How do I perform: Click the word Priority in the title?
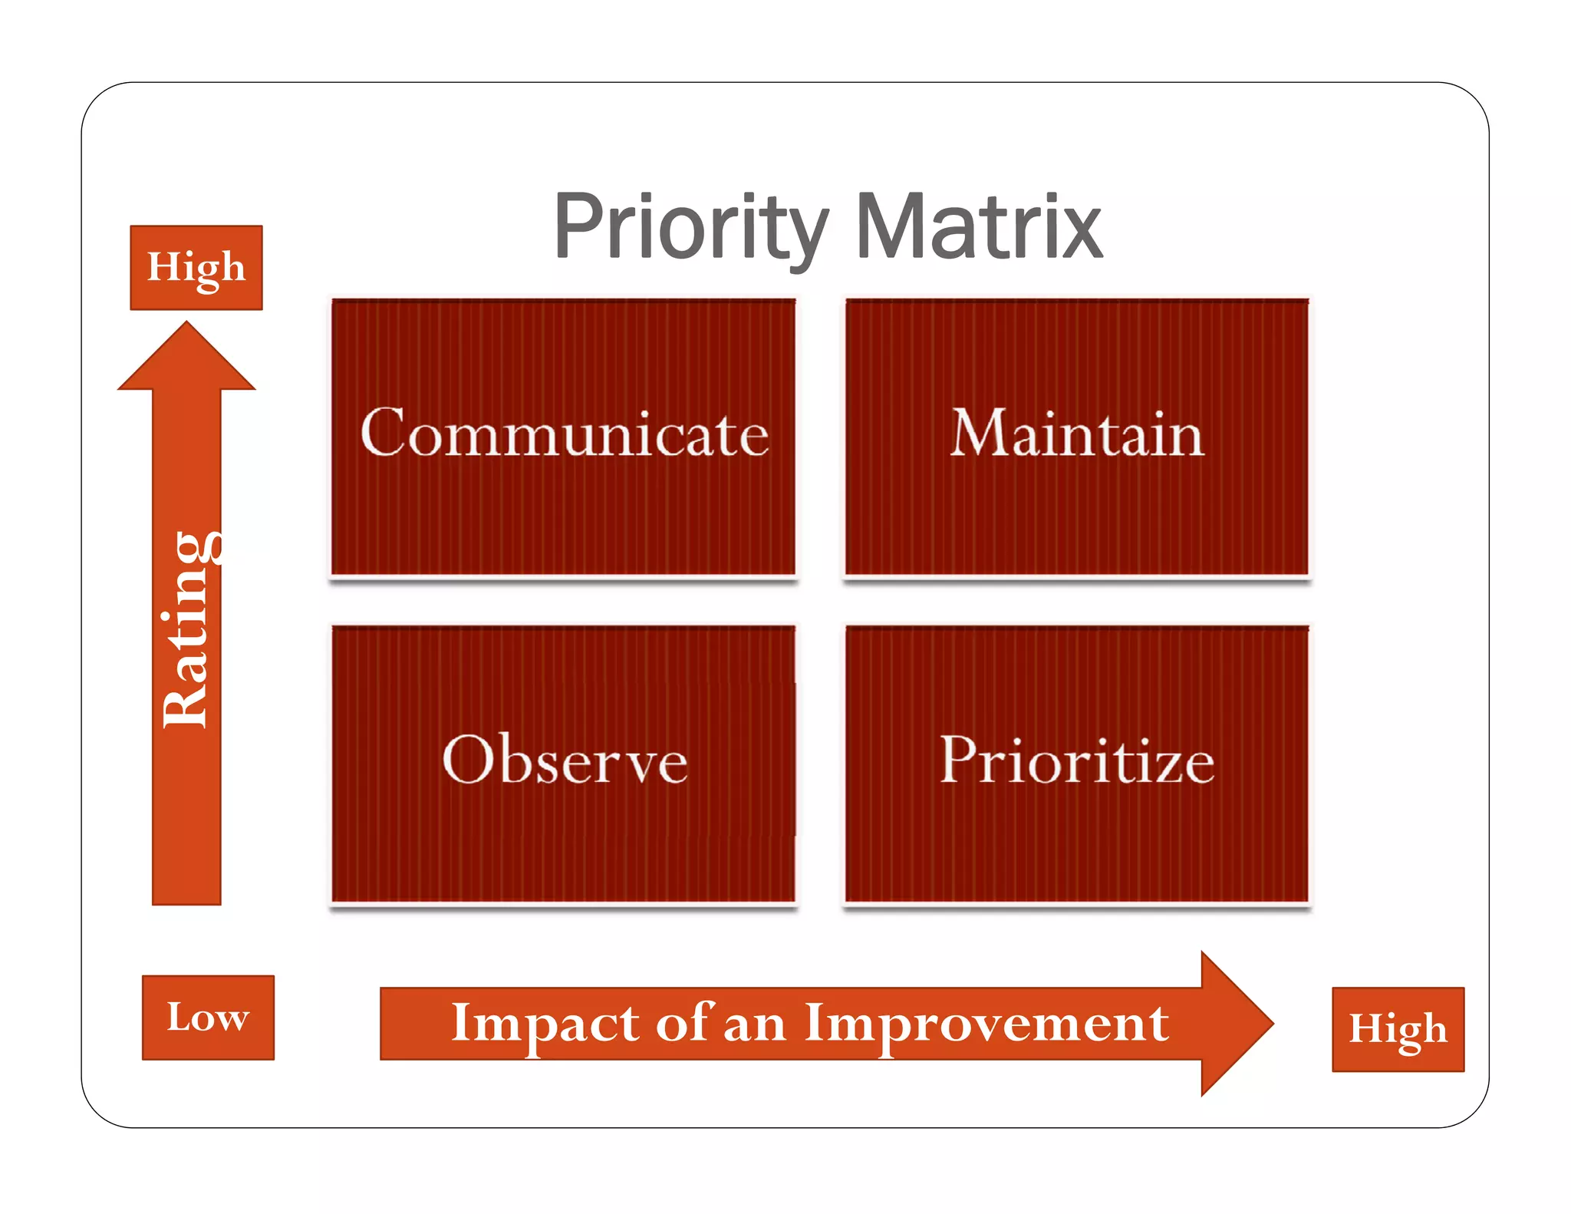pos(690,228)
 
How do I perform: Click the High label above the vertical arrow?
pos(196,268)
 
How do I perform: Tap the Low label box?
pos(208,1018)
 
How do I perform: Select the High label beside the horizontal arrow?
pos(1398,1029)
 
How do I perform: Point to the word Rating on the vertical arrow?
pos(186,629)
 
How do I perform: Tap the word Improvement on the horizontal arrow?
pos(986,1023)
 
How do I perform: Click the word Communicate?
pos(565,434)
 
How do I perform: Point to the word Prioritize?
pos(1077,760)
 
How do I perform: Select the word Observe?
pos(565,760)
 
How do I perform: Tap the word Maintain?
pos(1077,434)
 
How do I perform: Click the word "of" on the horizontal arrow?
pos(684,1023)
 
